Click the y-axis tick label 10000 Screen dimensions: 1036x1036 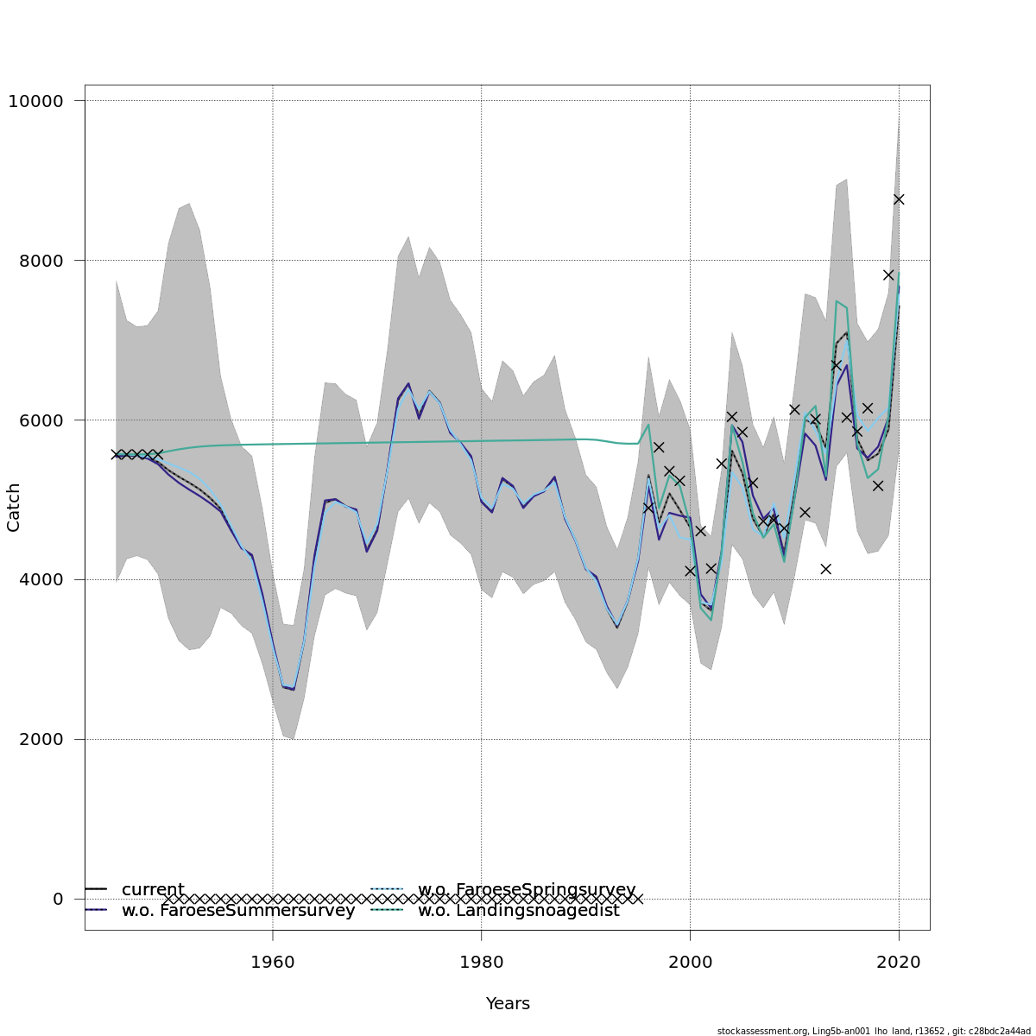(35, 101)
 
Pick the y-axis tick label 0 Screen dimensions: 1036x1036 (58, 900)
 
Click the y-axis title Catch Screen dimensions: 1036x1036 (14, 507)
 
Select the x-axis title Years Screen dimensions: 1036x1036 (508, 1004)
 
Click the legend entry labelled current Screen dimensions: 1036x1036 (153, 890)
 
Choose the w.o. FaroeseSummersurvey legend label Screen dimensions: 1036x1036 (238, 911)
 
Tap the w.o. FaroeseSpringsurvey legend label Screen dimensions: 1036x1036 (527, 890)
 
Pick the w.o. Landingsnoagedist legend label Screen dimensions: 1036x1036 (518, 911)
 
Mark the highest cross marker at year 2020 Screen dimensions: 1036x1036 (899, 199)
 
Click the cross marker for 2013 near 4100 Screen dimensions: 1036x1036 (825, 569)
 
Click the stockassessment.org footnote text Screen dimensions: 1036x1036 (874, 1031)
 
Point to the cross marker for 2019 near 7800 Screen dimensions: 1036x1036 (888, 275)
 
